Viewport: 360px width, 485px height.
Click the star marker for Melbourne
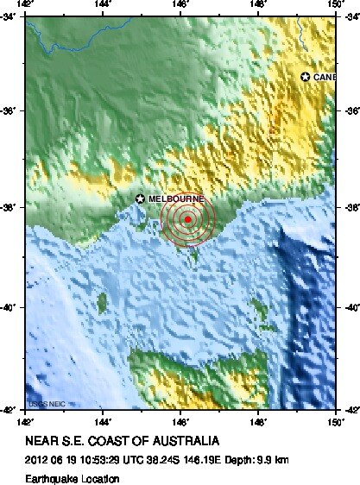point(140,198)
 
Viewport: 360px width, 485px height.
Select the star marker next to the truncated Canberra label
point(305,77)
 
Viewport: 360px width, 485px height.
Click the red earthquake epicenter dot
point(187,219)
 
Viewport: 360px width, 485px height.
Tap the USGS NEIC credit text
point(46,403)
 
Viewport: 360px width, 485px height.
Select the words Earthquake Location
point(73,476)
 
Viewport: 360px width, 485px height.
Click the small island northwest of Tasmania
point(104,302)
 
